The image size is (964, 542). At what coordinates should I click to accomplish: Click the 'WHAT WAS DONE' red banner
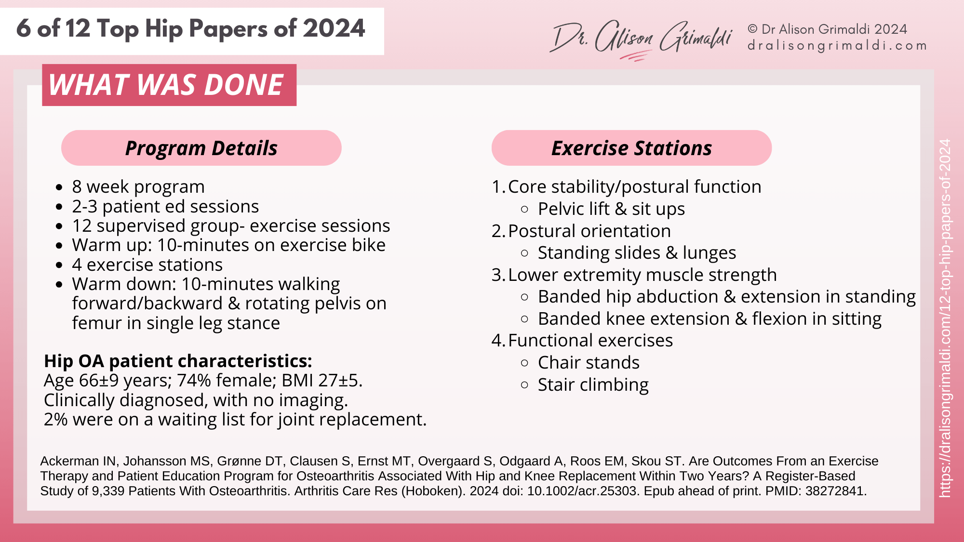[169, 85]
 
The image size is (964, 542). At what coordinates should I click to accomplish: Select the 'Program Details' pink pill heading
[201, 148]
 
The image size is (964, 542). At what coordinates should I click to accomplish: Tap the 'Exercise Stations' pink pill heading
[631, 148]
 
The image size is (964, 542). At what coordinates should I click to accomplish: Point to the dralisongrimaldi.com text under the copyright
[837, 46]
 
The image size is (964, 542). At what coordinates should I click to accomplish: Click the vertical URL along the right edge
[945, 318]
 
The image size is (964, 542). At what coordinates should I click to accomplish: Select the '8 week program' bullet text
[138, 187]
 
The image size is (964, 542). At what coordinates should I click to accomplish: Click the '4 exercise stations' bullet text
[147, 265]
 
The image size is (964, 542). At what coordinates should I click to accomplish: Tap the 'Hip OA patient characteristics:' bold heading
[178, 361]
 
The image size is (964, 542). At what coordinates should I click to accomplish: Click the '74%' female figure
[194, 381]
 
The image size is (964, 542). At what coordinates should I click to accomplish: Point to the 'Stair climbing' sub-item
[593, 385]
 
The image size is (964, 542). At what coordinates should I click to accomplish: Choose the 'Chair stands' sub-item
[589, 363]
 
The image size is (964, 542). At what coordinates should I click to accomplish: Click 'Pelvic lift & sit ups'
[611, 209]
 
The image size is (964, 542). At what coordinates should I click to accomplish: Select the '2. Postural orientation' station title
[581, 231]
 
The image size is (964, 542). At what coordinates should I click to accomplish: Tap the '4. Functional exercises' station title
[582, 341]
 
